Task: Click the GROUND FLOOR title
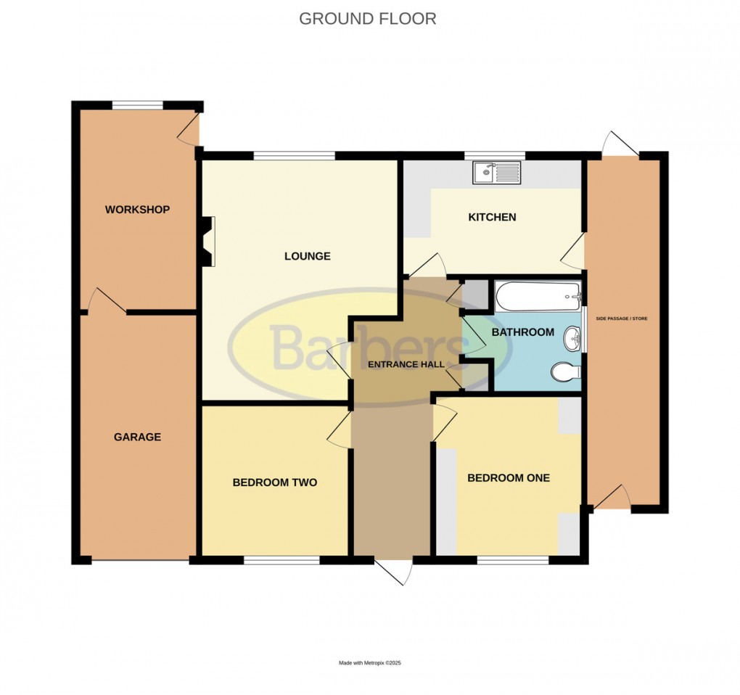click(368, 19)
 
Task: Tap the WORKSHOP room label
click(137, 210)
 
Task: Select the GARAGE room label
click(137, 437)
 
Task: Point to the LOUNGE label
click(307, 256)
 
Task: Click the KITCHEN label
click(492, 217)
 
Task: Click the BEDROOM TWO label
click(274, 482)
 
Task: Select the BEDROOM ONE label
click(508, 478)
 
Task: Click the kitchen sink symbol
click(496, 172)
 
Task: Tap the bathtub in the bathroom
click(538, 296)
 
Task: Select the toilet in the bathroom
click(565, 372)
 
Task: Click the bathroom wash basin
click(572, 338)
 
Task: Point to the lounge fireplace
click(207, 242)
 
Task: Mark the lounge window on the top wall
click(294, 155)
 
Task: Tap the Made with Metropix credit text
click(369, 663)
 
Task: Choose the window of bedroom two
click(281, 559)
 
